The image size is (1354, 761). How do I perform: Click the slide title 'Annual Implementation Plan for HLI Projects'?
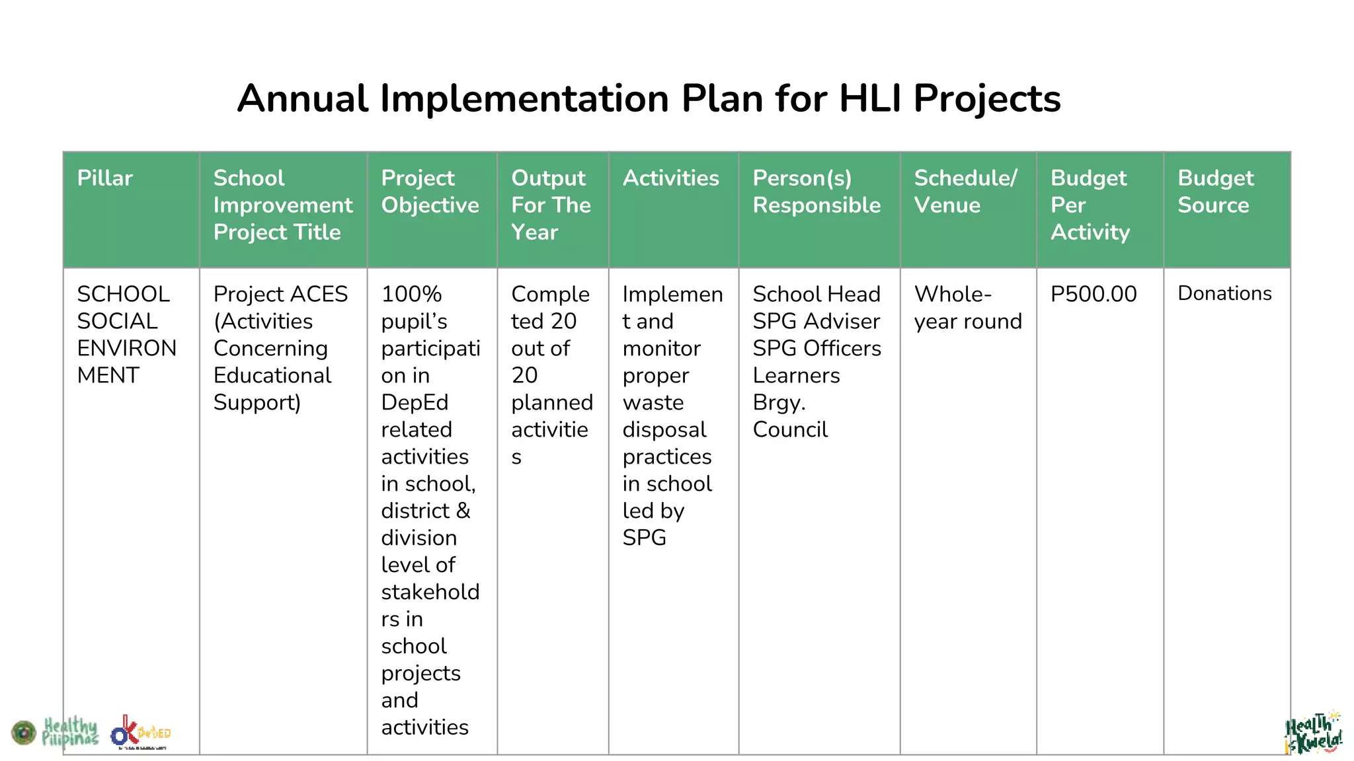649,98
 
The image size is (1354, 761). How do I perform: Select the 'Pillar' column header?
104,178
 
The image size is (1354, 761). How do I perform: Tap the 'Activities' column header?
670,178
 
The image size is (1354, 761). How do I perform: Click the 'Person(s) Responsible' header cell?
816,192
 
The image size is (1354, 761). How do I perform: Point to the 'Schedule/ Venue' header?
965,192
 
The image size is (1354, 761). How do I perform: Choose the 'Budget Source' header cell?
1215,192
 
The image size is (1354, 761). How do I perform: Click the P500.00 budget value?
1094,294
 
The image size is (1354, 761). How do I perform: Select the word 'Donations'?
1224,293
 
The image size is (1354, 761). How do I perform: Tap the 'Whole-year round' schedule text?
967,308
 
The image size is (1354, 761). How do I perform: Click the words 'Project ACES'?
280,294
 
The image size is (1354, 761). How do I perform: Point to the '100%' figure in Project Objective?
411,294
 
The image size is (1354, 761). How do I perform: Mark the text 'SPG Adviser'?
816,321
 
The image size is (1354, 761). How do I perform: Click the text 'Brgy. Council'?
790,416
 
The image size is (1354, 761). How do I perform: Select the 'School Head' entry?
816,294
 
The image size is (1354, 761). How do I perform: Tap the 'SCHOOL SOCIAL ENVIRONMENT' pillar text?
126,334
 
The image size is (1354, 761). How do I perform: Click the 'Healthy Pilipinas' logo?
69,732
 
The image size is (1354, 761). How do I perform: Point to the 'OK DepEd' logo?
140,733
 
